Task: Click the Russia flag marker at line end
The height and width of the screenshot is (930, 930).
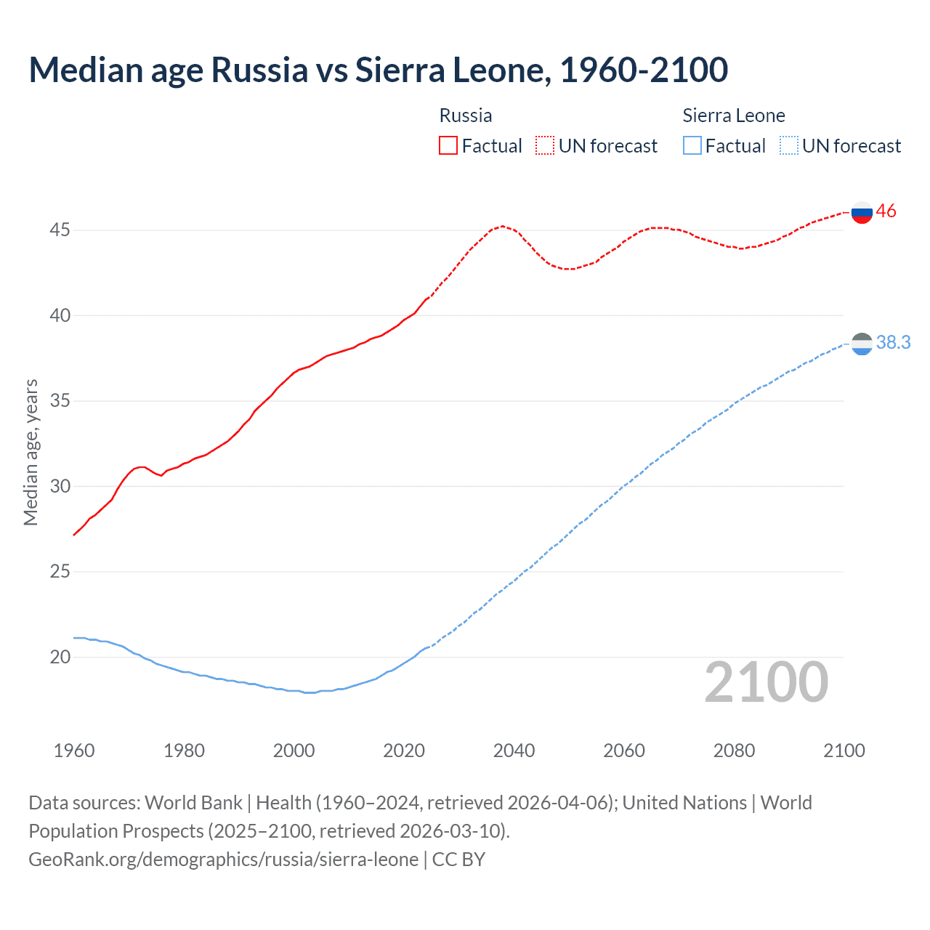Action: pos(862,213)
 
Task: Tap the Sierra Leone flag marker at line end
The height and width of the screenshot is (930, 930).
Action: pos(862,344)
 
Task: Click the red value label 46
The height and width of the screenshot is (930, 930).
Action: pos(886,211)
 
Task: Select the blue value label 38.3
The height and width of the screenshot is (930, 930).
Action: pos(894,342)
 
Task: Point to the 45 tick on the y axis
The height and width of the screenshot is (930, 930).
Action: pos(60,230)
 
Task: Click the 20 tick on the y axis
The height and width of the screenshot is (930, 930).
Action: pos(60,658)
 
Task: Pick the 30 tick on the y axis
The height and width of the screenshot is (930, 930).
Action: pos(60,487)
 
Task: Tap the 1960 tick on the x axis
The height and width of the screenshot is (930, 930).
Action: pos(74,751)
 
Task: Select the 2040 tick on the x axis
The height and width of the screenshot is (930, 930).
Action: pos(514,751)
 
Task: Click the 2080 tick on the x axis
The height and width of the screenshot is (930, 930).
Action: pos(734,751)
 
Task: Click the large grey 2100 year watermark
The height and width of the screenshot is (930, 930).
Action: pos(767,682)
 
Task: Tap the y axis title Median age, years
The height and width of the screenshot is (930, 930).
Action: pos(31,452)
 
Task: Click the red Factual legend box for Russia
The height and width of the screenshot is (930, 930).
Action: pos(448,146)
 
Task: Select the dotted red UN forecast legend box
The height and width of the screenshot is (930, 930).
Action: pos(545,146)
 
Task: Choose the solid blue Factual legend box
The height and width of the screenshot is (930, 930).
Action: pos(692,146)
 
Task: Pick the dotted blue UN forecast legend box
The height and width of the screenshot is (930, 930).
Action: pos(788,146)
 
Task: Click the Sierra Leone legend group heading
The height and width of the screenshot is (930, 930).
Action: pos(734,116)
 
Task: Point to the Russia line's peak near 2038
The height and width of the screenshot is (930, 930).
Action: pos(502,226)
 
